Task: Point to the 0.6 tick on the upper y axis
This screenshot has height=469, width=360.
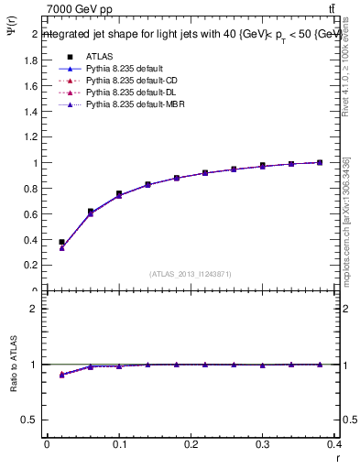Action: click(33, 214)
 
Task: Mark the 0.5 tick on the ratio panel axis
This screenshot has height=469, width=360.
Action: click(33, 420)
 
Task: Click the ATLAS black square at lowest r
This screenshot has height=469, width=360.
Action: click(62, 242)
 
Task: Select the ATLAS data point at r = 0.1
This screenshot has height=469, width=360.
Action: click(119, 193)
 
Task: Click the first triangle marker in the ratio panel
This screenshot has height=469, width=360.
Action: click(62, 375)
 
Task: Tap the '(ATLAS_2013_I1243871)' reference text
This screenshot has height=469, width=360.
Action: click(191, 275)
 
